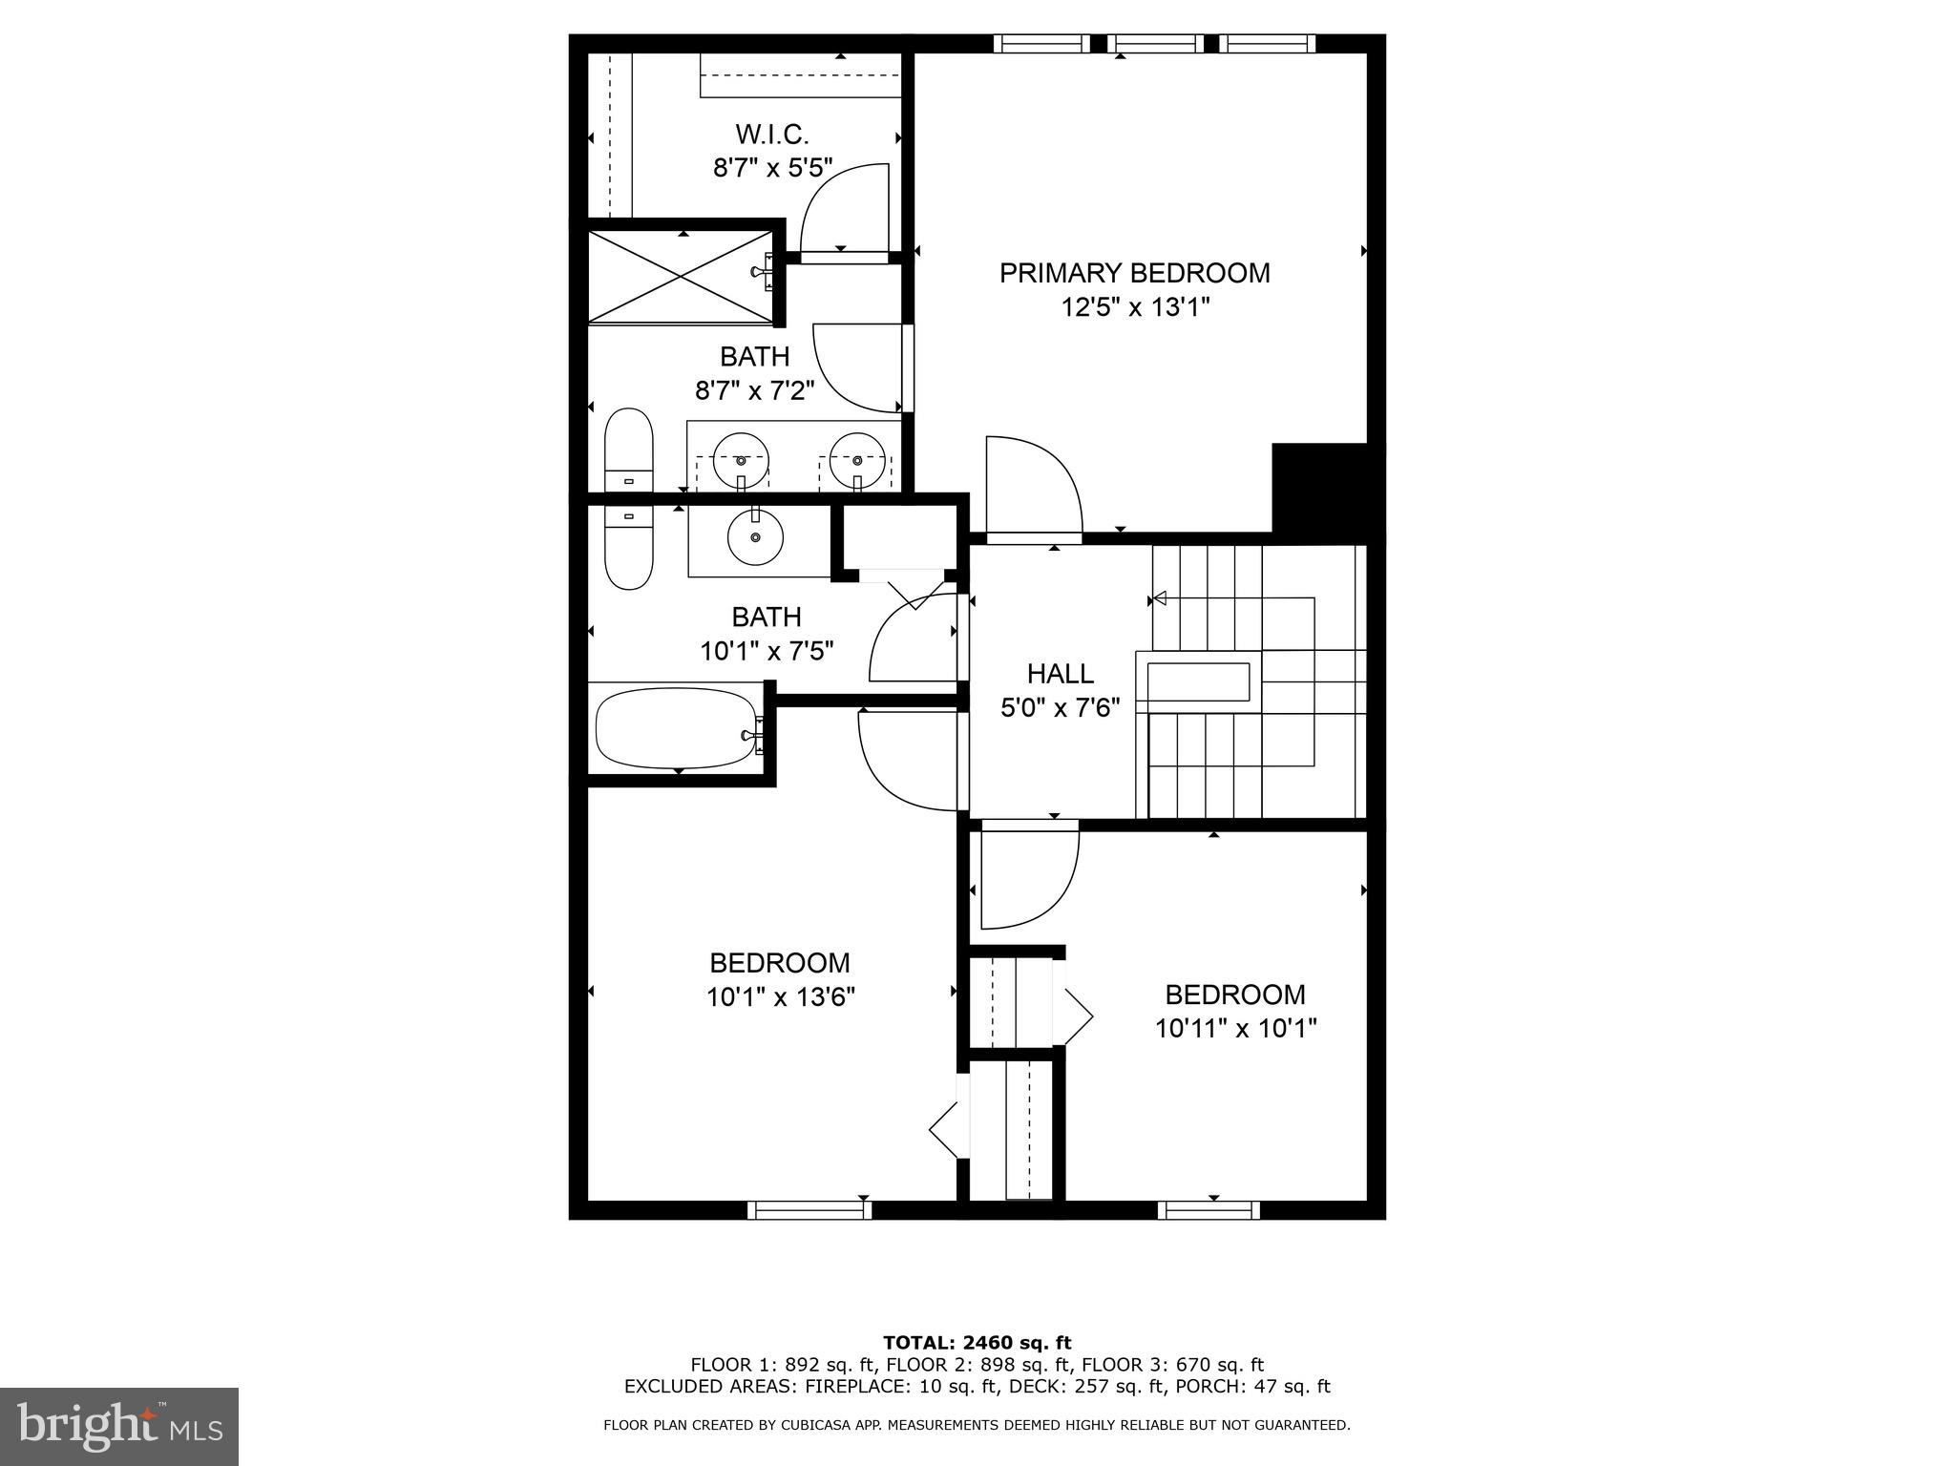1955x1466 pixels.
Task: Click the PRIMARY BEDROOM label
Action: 1134,273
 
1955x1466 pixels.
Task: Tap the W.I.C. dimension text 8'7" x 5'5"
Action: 772,169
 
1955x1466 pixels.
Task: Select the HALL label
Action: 1060,674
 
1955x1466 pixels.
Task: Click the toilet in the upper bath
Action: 628,450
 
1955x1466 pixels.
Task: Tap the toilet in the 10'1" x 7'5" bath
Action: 628,548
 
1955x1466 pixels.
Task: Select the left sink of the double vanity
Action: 741,460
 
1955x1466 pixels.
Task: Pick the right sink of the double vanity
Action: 856,460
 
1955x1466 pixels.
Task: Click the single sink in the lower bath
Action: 755,536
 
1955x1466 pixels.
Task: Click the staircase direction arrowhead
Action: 1159,599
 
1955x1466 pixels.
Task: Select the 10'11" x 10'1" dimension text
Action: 1235,1029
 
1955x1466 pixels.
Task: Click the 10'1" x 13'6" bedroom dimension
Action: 780,997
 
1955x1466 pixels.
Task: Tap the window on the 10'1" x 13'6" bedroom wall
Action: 809,1210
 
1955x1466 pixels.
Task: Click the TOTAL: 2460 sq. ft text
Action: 977,1343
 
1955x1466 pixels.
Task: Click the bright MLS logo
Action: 119,1426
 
